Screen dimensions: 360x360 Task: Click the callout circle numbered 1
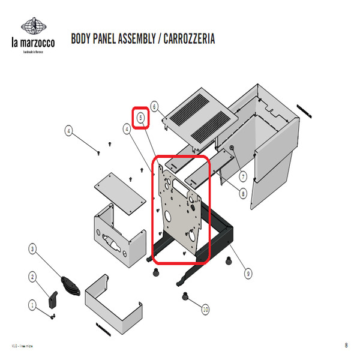[32, 305]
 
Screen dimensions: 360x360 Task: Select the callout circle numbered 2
[32, 277]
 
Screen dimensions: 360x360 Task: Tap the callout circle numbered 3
[32, 248]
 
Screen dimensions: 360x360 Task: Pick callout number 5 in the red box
[141, 118]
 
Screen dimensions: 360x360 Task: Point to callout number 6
[154, 107]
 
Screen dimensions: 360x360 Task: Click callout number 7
[243, 176]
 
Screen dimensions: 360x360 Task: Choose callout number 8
[243, 193]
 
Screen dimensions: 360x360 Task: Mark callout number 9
[248, 274]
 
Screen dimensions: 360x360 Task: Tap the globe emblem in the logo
[34, 26]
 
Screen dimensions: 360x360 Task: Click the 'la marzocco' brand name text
[34, 43]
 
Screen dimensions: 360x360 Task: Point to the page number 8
[346, 345]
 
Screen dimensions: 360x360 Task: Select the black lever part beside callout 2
[53, 298]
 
